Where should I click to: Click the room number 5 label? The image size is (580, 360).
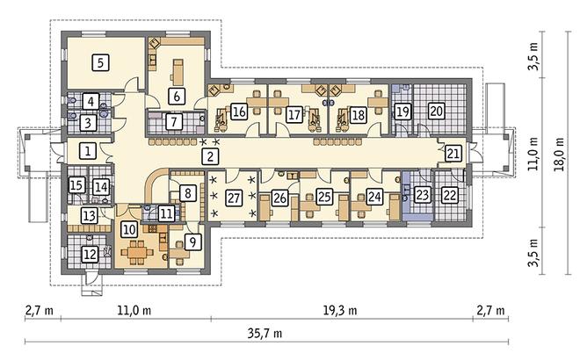coord(100,62)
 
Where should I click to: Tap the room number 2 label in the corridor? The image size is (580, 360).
coord(210,156)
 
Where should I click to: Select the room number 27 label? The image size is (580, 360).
coord(234,198)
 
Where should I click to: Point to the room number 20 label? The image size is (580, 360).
coord(437,111)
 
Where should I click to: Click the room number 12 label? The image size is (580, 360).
coord(90,255)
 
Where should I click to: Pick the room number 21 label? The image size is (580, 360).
coord(453,154)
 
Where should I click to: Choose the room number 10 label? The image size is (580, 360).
coord(128,229)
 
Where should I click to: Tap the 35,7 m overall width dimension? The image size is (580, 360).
coord(265,334)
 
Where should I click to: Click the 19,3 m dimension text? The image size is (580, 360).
coord(340,310)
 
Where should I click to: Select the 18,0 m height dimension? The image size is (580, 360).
coord(561,154)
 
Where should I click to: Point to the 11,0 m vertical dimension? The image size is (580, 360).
coord(533,154)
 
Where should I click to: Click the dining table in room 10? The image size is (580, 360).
coord(137,253)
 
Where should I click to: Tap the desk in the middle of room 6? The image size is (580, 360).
coord(178,72)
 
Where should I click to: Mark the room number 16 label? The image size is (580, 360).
coord(239,111)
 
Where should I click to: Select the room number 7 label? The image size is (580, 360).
coord(174,121)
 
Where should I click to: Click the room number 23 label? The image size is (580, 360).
coord(422,194)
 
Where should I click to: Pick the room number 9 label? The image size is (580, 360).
coord(192,242)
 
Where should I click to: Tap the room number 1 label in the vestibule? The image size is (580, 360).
coord(88,151)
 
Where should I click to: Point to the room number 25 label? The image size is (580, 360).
coord(324,197)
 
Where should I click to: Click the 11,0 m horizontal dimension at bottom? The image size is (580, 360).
coord(134,310)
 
